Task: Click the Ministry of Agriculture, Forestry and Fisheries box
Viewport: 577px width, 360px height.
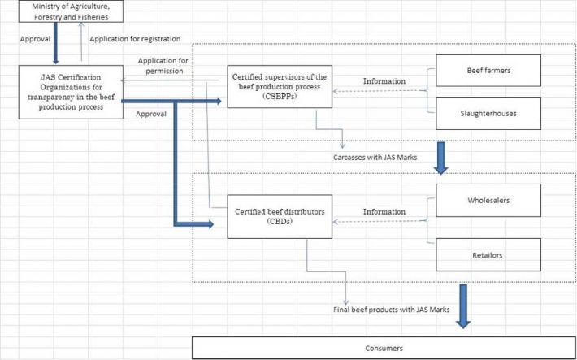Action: click(x=63, y=12)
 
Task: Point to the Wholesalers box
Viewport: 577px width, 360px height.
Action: click(x=488, y=198)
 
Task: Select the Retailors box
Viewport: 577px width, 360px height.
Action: click(x=488, y=255)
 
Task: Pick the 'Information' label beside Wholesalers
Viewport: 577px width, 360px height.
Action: click(x=384, y=211)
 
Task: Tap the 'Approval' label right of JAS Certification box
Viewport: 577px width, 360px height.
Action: click(x=152, y=114)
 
